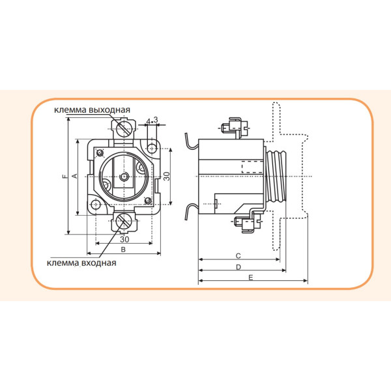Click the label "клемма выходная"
[93, 109]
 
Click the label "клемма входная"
[81, 263]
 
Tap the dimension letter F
[63, 177]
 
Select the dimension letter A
[75, 176]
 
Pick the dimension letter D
[239, 267]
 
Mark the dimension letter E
[252, 278]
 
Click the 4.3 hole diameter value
[152, 121]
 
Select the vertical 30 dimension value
[167, 176]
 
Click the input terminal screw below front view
[124, 223]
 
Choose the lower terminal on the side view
[246, 224]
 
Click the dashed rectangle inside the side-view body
[252, 167]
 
